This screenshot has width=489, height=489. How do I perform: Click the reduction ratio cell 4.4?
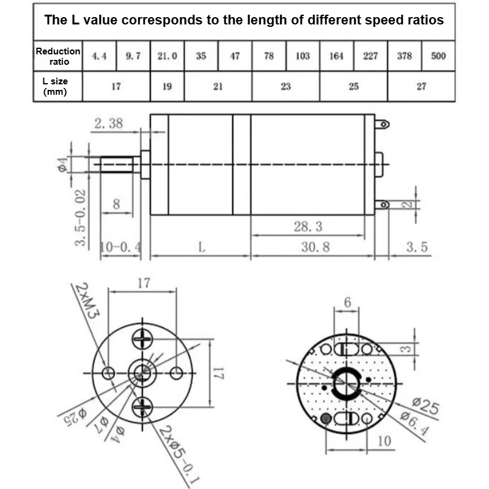click(x=99, y=56)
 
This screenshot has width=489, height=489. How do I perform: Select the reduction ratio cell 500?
click(x=438, y=56)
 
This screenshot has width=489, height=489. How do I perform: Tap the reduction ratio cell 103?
click(x=303, y=56)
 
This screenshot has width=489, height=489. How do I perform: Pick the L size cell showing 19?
click(x=167, y=86)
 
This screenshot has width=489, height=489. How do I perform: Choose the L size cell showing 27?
click(x=421, y=86)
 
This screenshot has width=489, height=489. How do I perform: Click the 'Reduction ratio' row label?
click(x=58, y=56)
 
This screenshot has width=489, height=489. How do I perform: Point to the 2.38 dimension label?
click(x=109, y=123)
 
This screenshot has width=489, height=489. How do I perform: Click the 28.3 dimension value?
click(x=308, y=226)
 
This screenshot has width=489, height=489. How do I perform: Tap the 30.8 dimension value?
click(x=315, y=247)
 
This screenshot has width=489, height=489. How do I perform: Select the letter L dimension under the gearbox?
click(x=202, y=248)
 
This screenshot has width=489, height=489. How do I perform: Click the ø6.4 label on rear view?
click(x=415, y=424)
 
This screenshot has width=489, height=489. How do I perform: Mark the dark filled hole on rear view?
click(x=326, y=419)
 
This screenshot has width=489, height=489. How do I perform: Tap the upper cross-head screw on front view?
click(x=142, y=339)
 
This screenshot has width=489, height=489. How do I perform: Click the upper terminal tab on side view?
click(x=382, y=125)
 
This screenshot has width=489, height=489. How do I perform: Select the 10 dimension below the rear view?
click(x=384, y=441)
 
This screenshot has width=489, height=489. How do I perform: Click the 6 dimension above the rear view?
click(x=347, y=302)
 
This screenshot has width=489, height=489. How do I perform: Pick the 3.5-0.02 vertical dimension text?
click(x=80, y=218)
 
